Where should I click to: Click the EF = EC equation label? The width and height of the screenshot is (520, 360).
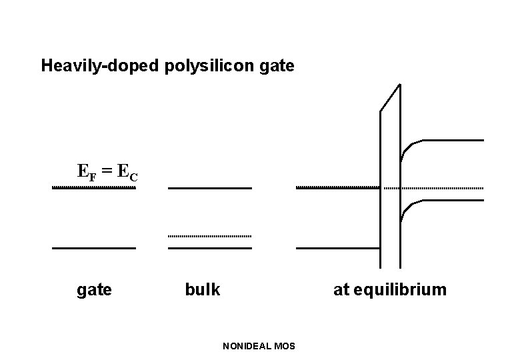(x=107, y=172)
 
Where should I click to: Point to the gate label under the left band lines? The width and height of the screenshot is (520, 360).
(x=95, y=290)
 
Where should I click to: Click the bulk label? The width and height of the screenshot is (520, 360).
(x=202, y=290)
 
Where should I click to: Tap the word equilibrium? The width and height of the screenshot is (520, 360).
(x=400, y=290)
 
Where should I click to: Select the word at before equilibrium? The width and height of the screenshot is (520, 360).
(x=341, y=290)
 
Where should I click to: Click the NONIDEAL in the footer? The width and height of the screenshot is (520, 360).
(x=247, y=345)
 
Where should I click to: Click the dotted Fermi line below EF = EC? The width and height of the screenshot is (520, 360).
(x=94, y=189)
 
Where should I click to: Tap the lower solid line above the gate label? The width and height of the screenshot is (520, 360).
(x=94, y=248)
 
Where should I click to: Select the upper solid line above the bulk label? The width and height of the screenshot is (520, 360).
(x=209, y=189)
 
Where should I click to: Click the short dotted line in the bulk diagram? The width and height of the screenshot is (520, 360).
(x=209, y=236)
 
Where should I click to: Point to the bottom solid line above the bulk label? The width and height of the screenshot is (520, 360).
(x=209, y=248)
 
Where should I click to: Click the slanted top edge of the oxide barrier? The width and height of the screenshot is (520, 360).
(x=390, y=98)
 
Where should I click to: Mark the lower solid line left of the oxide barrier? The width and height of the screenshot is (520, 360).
(x=337, y=248)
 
